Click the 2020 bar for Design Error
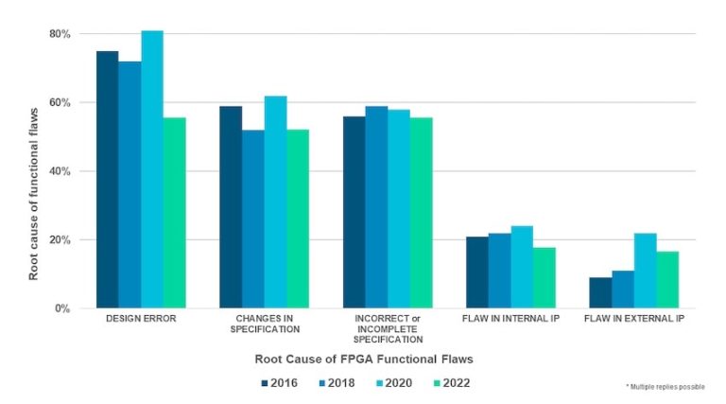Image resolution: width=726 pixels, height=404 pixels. click(x=152, y=170)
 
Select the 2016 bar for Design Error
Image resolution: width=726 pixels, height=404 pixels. click(x=108, y=180)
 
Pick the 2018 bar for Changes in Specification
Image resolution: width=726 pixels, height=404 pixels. click(x=253, y=219)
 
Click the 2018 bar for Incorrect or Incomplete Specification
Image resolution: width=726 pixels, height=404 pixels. click(x=376, y=207)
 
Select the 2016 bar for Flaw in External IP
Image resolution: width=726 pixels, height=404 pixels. click(x=600, y=292)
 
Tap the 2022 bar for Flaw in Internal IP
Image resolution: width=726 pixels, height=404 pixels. click(x=544, y=277)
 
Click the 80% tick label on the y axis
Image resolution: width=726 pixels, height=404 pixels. click(x=60, y=34)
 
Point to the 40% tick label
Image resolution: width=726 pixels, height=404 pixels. click(x=60, y=171)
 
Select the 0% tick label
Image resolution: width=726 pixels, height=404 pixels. click(x=62, y=308)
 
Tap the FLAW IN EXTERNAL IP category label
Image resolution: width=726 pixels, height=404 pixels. click(x=634, y=319)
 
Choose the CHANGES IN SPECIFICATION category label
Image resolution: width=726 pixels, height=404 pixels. click(x=265, y=324)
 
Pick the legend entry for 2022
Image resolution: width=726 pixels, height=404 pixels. click(x=443, y=383)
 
